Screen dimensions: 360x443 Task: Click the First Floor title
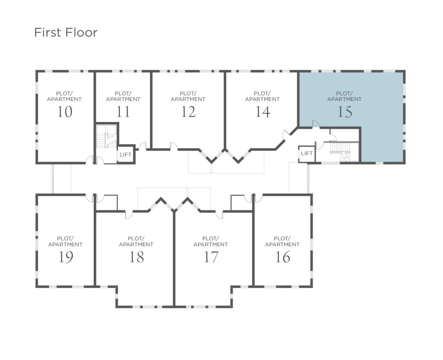coord(66,32)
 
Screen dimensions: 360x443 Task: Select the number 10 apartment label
coord(64,112)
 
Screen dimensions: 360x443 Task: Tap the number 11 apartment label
coord(123,112)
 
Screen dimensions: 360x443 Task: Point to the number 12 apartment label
coord(188,112)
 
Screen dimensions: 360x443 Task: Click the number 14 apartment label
coord(263,112)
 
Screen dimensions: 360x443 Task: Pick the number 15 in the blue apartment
coord(344,112)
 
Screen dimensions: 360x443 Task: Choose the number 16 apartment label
coord(282,257)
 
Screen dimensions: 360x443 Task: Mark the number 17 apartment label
coord(211,257)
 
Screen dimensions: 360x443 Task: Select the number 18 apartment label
coord(137,257)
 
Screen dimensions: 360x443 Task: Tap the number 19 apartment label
coord(66,257)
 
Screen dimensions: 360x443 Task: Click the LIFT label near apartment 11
coord(125,155)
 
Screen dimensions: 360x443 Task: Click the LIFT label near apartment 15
coord(307,153)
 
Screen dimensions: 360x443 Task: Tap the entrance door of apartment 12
coord(173,147)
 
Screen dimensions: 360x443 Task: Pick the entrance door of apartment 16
coord(258,198)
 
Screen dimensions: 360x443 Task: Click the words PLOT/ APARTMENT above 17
coord(211,241)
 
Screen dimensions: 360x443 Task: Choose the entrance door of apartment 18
coord(128,214)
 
